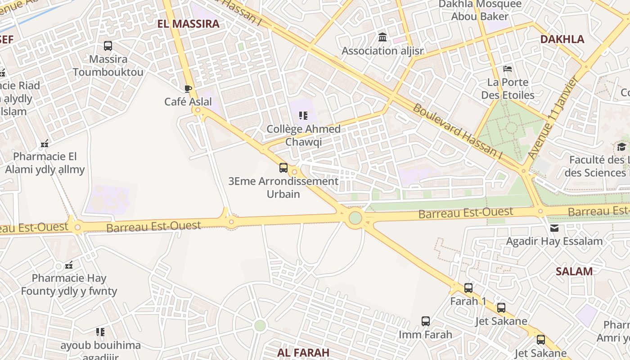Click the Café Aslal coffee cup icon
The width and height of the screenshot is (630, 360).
(x=188, y=89)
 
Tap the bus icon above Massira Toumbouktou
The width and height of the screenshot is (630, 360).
(x=108, y=45)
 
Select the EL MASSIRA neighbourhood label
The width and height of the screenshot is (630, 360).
(x=189, y=24)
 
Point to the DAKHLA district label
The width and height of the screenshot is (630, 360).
(x=562, y=39)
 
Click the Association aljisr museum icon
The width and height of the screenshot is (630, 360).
(x=382, y=37)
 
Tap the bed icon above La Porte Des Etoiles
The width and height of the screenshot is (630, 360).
(x=508, y=69)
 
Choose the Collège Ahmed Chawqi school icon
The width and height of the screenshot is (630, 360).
(x=303, y=116)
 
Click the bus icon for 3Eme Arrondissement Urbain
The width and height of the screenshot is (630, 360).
(x=283, y=168)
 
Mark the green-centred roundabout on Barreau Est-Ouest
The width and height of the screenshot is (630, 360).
(x=355, y=218)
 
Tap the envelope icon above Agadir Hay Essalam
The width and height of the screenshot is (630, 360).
(x=554, y=228)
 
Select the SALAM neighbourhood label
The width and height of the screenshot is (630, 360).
(x=574, y=271)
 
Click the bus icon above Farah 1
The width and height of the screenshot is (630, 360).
(x=468, y=288)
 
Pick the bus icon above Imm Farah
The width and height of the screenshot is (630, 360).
(x=426, y=321)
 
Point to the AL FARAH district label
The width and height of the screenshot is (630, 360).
(x=303, y=352)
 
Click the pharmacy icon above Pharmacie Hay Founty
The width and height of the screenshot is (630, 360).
(x=69, y=265)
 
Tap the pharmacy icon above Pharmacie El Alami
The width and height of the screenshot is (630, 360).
(x=45, y=144)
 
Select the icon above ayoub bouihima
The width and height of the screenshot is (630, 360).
(x=100, y=332)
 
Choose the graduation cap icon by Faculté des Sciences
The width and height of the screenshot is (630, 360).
(x=621, y=147)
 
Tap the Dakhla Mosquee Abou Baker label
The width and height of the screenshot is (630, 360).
(x=480, y=10)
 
